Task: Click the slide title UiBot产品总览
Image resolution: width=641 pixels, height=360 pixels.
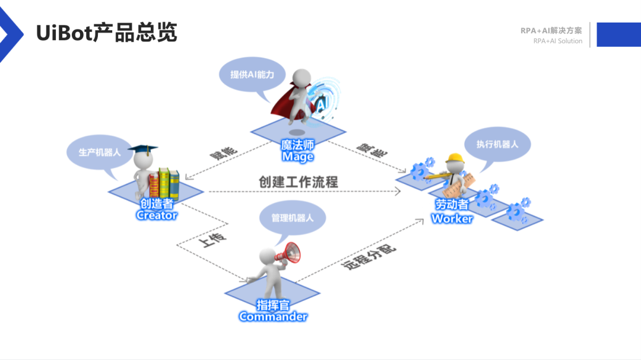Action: pos(107,32)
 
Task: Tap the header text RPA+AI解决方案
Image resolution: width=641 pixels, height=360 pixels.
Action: pos(551,30)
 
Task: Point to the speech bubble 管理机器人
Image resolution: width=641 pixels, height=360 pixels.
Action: pos(293,218)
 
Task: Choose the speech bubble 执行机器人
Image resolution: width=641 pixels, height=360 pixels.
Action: pos(497,144)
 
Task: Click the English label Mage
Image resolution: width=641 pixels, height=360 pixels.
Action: pos(297,157)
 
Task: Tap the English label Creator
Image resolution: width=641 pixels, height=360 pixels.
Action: pos(157,215)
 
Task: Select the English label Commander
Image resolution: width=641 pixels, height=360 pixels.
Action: pos(273,317)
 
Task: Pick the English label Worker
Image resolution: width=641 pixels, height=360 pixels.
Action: pos(452,218)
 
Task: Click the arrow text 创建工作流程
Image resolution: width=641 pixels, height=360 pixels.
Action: pos(299,181)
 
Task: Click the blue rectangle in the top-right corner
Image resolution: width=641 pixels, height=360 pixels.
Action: pos(618,34)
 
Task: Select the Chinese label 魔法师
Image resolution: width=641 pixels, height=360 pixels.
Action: pos(297,145)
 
